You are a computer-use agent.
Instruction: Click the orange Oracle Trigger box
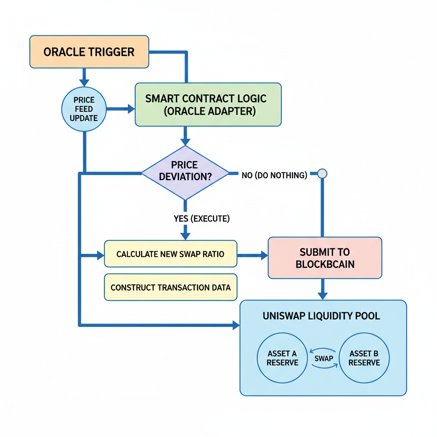[89, 52]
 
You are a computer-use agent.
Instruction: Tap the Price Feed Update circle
[84, 109]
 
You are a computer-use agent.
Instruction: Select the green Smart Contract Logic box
[208, 105]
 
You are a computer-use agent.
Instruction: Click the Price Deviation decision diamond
[185, 172]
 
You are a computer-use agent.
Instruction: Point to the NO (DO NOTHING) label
[274, 175]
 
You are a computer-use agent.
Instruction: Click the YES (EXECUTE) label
[201, 218]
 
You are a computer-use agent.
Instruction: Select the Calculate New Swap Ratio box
[170, 254]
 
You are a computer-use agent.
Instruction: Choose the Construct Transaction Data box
[170, 287]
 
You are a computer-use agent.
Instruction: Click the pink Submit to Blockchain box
[324, 258]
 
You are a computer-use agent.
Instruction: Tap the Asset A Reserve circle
[282, 358]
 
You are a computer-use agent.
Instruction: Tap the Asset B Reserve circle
[364, 358]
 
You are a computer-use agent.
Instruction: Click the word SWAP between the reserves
[323, 358]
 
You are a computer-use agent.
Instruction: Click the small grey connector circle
[323, 173]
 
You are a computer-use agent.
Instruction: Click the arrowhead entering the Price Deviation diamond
[185, 142]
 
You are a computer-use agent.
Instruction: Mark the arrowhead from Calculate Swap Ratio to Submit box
[264, 255]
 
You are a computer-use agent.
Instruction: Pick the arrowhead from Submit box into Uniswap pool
[323, 295]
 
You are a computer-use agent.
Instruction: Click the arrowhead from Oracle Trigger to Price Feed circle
[84, 82]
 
